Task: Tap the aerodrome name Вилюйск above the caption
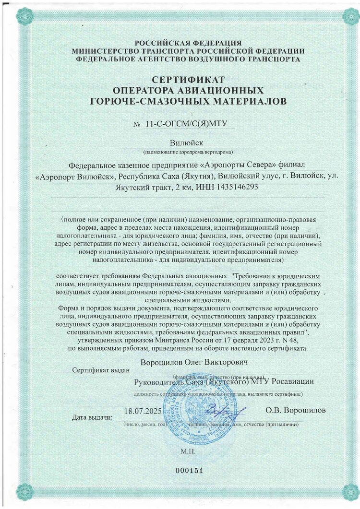tap(188, 143)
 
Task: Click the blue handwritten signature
tap(232, 411)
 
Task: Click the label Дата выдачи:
tap(92, 417)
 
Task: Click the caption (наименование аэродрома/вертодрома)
tap(188, 152)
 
